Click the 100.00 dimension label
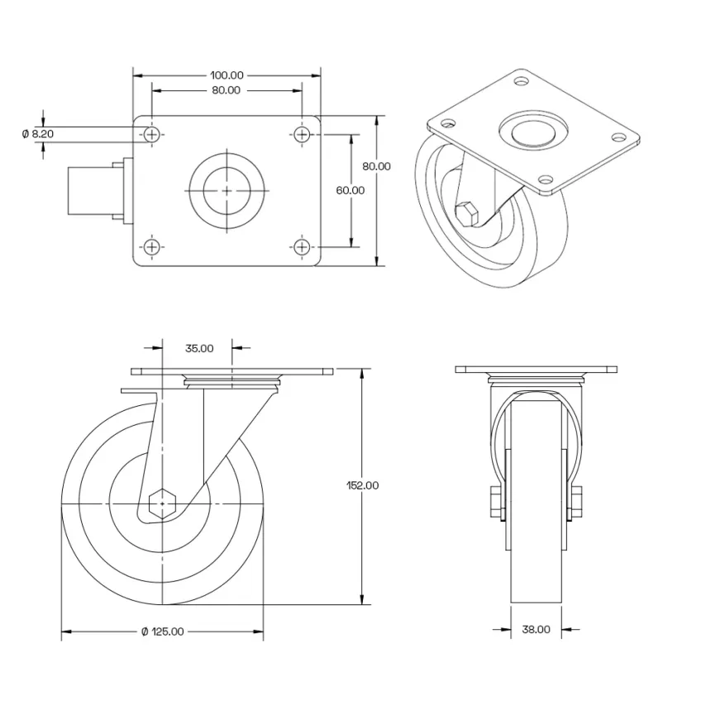pyautogui.click(x=227, y=75)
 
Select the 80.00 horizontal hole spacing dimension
pyautogui.click(x=226, y=90)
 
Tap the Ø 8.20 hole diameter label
pyautogui.click(x=37, y=132)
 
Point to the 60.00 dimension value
pyautogui.click(x=350, y=189)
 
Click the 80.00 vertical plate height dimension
pyautogui.click(x=376, y=165)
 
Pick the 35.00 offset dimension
pyautogui.click(x=198, y=348)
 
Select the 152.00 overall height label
pyautogui.click(x=362, y=485)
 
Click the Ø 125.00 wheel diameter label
pyautogui.click(x=162, y=632)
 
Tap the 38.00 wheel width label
pyautogui.click(x=536, y=629)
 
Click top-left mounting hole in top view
pyautogui.click(x=151, y=133)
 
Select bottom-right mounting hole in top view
pyautogui.click(x=303, y=246)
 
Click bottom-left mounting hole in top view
pyautogui.click(x=151, y=246)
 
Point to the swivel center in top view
pyautogui.click(x=227, y=190)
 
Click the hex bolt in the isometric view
pyautogui.click(x=468, y=213)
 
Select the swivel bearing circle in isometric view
pyautogui.click(x=534, y=131)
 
